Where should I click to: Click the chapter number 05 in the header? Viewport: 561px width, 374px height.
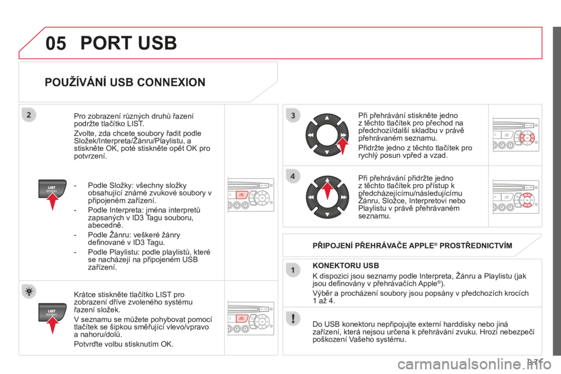click(56, 43)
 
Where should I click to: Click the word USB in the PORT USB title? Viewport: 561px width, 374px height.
click(157, 43)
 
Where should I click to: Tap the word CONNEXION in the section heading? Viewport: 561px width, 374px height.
click(171, 82)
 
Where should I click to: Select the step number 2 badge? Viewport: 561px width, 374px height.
click(29, 115)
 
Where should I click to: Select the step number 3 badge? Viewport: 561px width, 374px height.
click(293, 115)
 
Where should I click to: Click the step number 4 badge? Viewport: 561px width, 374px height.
click(293, 176)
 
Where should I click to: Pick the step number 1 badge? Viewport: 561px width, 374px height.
click(293, 270)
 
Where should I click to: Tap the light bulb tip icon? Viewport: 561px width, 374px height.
click(29, 292)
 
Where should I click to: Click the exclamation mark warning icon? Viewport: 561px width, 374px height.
click(293, 318)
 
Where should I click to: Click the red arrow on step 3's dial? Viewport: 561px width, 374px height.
click(343, 146)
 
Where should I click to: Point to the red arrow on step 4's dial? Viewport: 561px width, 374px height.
click(327, 191)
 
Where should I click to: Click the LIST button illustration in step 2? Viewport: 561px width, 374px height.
click(52, 189)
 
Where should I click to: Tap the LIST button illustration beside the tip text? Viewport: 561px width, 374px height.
click(52, 312)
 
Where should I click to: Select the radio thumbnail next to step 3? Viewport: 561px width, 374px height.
click(515, 134)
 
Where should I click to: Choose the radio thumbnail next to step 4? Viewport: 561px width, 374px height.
click(515, 197)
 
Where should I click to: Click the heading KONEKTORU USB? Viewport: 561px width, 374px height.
click(345, 265)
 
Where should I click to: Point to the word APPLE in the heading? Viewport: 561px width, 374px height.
click(421, 245)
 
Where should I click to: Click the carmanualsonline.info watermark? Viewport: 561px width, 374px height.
click(474, 365)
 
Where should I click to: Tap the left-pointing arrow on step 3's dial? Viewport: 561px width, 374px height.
click(310, 135)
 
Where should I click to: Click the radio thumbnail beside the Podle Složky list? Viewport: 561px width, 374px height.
click(251, 195)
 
